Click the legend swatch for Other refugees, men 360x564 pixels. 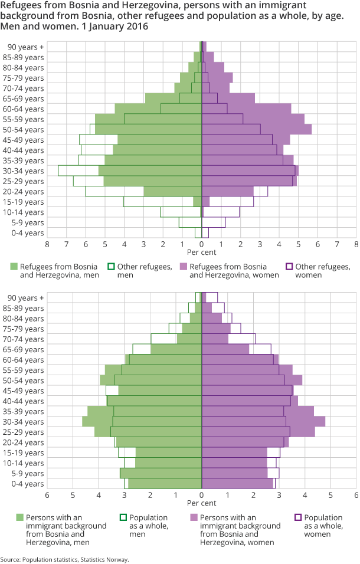point(110,267)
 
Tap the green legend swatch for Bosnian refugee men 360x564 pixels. point(13,267)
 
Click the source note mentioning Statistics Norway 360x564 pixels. point(64,559)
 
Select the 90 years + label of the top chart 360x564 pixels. point(25,47)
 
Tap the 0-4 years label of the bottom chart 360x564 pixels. point(27,484)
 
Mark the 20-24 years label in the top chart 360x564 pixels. point(25,191)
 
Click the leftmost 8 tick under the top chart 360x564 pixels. point(47,244)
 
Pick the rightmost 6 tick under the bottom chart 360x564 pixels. point(356,495)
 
